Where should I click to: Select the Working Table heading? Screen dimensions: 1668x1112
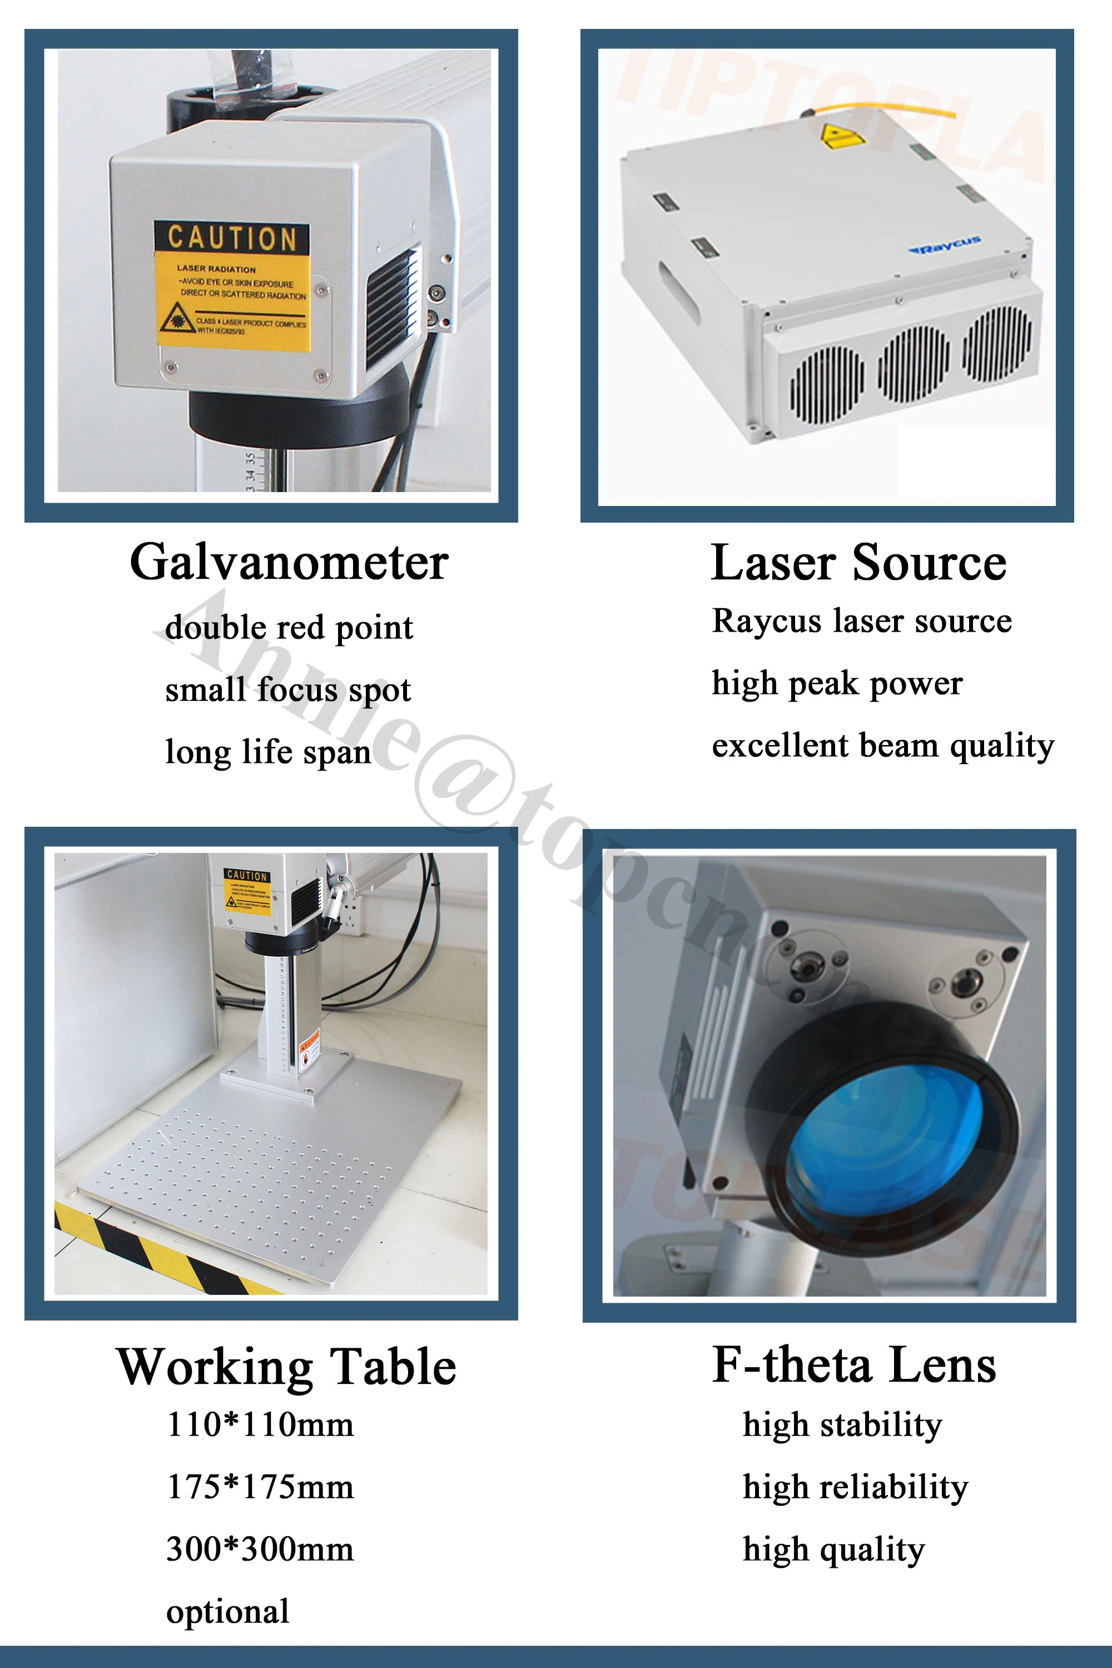(286, 1367)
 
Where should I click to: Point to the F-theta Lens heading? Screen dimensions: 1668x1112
(854, 1365)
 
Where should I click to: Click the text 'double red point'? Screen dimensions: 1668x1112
(289, 628)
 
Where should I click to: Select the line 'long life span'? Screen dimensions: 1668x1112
(268, 752)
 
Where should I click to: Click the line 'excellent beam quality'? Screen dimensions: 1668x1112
(883, 746)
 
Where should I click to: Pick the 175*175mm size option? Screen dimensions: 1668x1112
(260, 1486)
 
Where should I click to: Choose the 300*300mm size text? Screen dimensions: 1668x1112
(260, 1549)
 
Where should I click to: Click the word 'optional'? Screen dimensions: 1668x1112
(227, 1611)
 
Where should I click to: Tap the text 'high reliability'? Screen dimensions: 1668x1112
(855, 1486)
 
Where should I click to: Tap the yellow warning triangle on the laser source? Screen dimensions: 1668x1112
(841, 136)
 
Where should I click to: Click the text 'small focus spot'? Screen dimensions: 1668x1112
(288, 690)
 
